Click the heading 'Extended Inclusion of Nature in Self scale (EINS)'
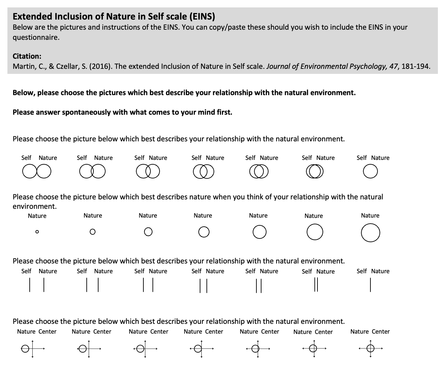click(x=114, y=16)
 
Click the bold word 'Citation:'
click(x=27, y=56)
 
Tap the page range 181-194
click(x=416, y=66)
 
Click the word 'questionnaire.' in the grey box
click(x=36, y=37)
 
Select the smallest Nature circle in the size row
click(x=37, y=232)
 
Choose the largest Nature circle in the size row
click(x=370, y=233)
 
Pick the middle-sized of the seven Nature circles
click(x=204, y=232)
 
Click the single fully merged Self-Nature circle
click(x=370, y=171)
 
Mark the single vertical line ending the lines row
click(x=370, y=285)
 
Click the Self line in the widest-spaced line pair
click(x=30, y=285)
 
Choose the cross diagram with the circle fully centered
click(x=370, y=348)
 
